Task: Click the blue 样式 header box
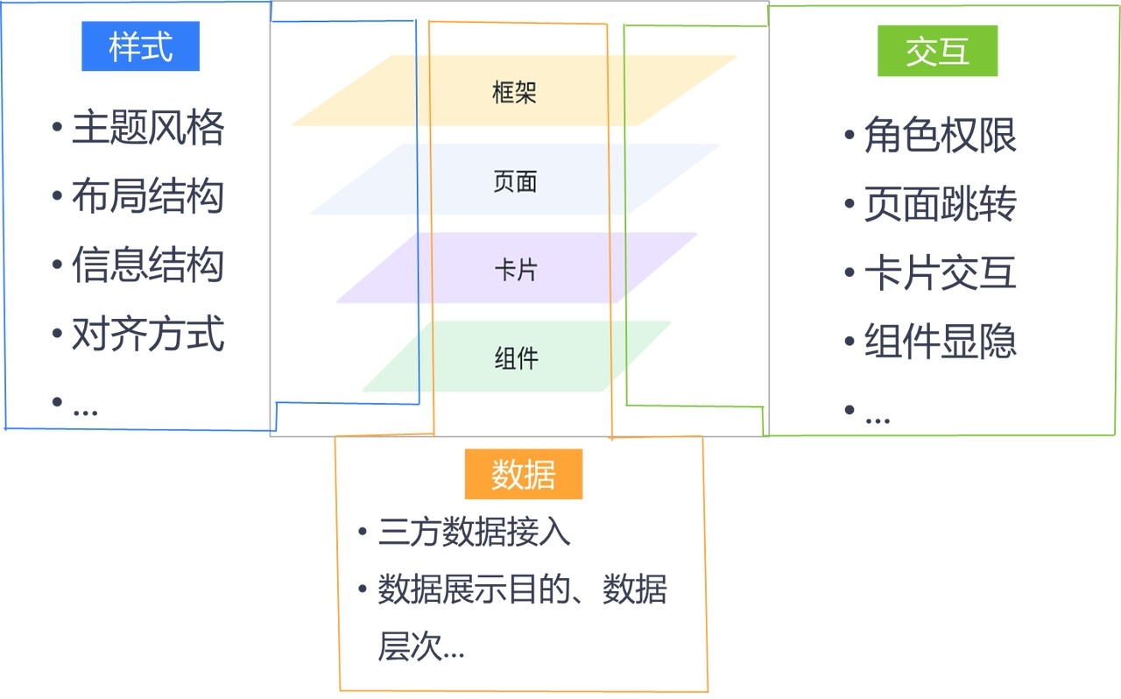pos(141,46)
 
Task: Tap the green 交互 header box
pos(937,51)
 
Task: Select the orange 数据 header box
pos(524,474)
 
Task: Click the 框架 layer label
pos(514,93)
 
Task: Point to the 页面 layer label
pos(515,181)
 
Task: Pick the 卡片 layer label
pos(516,270)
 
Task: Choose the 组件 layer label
pos(517,358)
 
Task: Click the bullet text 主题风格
pos(148,128)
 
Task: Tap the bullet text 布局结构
pos(148,196)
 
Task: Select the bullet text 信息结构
pos(148,265)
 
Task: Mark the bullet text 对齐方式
pos(148,334)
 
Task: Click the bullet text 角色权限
pos(941,135)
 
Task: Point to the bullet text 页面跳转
pos(941,204)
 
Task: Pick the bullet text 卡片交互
pos(941,272)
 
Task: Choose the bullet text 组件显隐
pos(941,341)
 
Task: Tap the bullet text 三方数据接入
pos(474,532)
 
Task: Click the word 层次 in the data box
pos(410,646)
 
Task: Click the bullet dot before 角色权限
pos(850,135)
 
